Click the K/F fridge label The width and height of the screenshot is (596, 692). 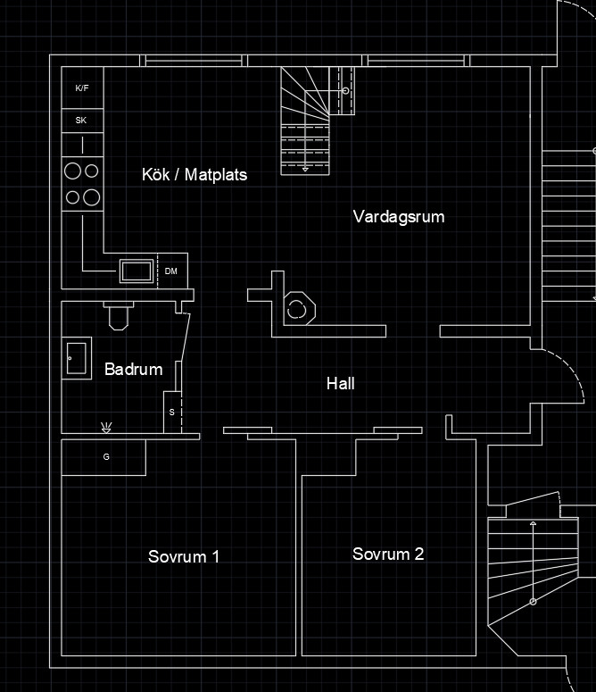[82, 88]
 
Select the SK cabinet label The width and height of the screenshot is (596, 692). [81, 120]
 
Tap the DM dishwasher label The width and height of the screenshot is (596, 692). [170, 271]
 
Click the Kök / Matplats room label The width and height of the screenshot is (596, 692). [195, 175]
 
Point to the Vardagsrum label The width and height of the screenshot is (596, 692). [398, 217]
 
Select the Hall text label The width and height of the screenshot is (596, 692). [340, 384]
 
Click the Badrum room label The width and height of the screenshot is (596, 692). [133, 369]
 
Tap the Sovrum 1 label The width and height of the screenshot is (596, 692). [184, 557]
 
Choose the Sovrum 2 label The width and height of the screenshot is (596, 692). [388, 554]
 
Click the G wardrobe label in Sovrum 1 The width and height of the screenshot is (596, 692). [106, 457]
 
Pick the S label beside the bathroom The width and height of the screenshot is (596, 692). [172, 413]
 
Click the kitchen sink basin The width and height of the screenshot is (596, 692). [136, 270]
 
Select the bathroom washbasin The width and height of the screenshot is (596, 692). [77, 359]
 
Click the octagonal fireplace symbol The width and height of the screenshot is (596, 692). [297, 309]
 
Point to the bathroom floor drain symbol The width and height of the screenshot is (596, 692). [107, 427]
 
